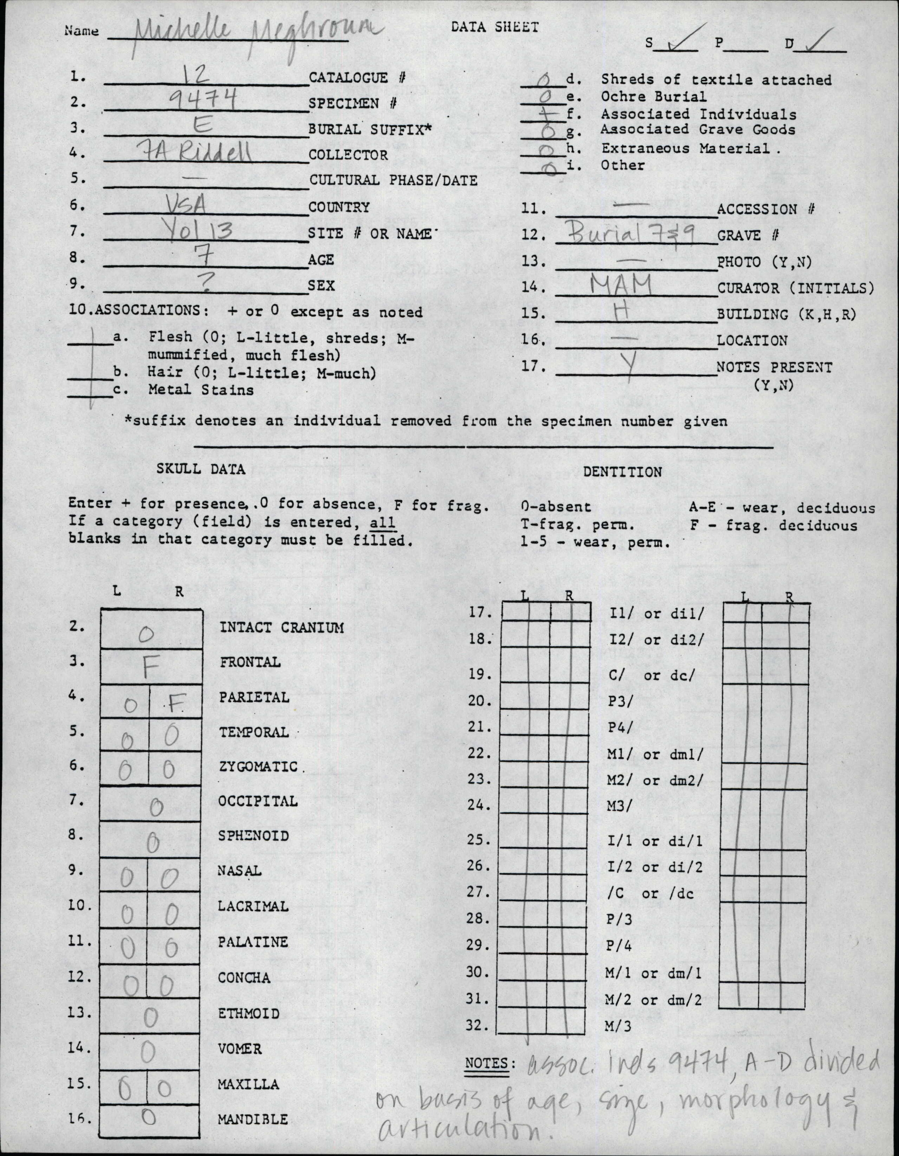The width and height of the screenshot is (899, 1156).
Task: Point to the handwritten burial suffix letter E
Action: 203,125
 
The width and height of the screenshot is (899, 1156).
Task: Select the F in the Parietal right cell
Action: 175,704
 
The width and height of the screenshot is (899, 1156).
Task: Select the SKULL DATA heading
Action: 201,469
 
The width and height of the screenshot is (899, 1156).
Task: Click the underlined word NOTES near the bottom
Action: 486,1063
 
